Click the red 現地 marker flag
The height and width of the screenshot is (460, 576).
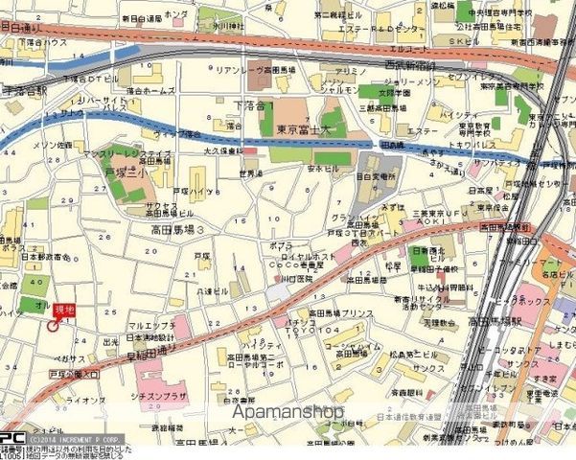[64, 310]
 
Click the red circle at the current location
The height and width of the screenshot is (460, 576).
[52, 326]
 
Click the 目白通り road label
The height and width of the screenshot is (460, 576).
[21, 30]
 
